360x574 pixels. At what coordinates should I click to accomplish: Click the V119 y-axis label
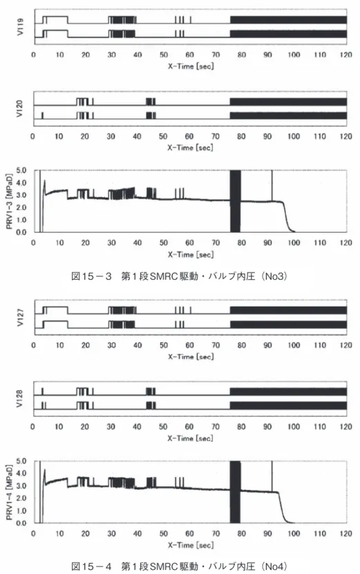pyautogui.click(x=20, y=27)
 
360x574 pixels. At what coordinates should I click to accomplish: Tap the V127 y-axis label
pyautogui.click(x=20, y=317)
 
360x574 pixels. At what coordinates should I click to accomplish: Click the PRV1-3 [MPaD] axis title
pyautogui.click(x=9, y=201)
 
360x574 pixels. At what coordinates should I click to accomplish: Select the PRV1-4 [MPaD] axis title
pyautogui.click(x=9, y=492)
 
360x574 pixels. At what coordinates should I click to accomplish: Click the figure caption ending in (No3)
pyautogui.click(x=179, y=276)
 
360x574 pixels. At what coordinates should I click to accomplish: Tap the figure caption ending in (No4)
pyautogui.click(x=179, y=566)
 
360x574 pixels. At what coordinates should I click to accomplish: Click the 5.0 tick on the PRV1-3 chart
pyautogui.click(x=21, y=170)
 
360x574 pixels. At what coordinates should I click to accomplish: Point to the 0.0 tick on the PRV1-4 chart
pyautogui.click(x=21, y=523)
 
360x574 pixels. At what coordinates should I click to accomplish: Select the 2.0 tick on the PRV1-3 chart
pyautogui.click(x=21, y=207)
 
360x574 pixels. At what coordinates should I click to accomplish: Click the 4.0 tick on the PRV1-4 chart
pyautogui.click(x=21, y=473)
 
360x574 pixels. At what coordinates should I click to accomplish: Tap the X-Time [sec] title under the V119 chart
pyautogui.click(x=191, y=66)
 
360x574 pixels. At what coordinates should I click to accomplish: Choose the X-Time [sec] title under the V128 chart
pyautogui.click(x=190, y=438)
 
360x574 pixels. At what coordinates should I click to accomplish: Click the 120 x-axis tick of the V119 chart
pyautogui.click(x=345, y=55)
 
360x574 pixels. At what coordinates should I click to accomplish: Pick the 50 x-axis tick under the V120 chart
pyautogui.click(x=163, y=137)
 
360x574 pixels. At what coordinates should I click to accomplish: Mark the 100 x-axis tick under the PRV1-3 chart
pyautogui.click(x=294, y=242)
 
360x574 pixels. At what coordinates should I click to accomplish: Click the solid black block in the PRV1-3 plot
pyautogui.click(x=235, y=201)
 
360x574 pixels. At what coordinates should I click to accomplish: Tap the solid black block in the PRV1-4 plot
pyautogui.click(x=235, y=492)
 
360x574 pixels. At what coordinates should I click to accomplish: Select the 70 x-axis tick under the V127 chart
pyautogui.click(x=216, y=345)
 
